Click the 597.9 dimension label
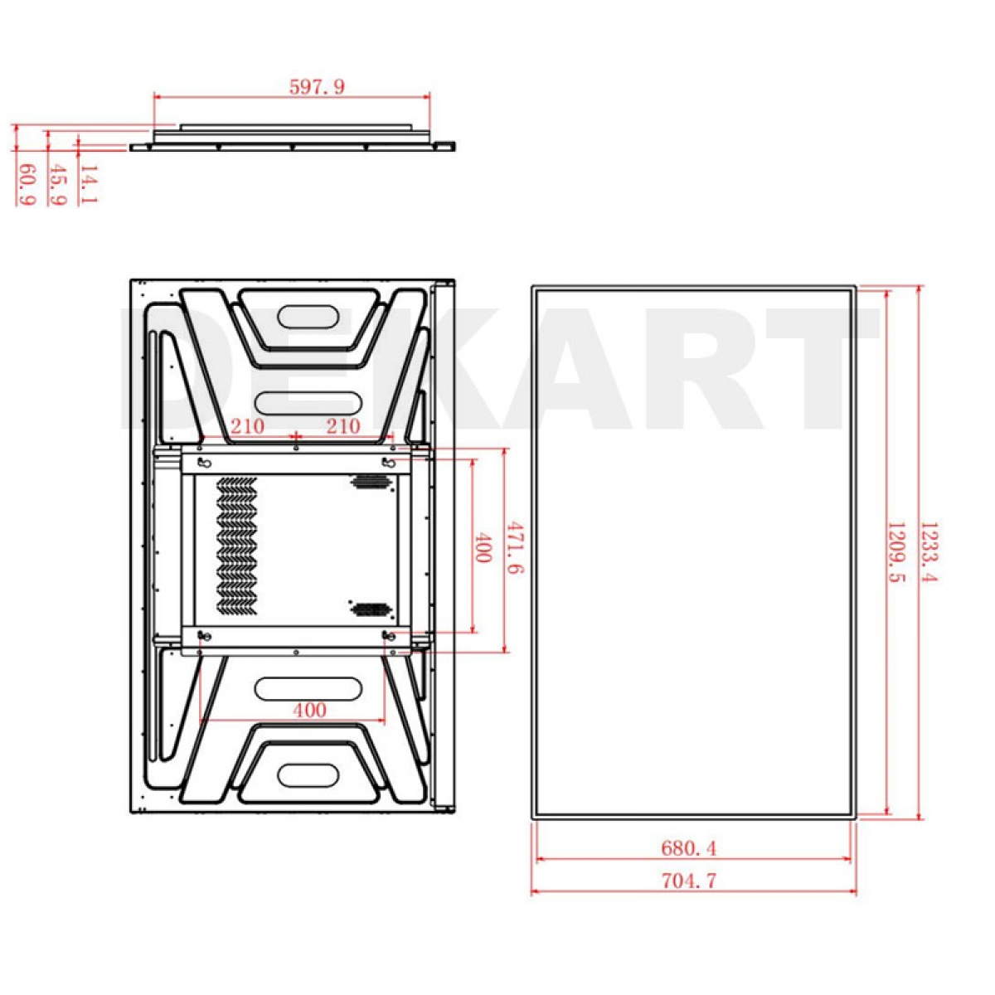tap(316, 87)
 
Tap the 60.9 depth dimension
tap(27, 185)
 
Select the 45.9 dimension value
tap(56, 185)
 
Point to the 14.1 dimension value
tap(88, 184)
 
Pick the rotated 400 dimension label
tap(482, 547)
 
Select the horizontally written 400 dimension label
tap(309, 711)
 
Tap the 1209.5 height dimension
tap(895, 552)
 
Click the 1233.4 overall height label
tap(929, 552)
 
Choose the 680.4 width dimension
tap(689, 848)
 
